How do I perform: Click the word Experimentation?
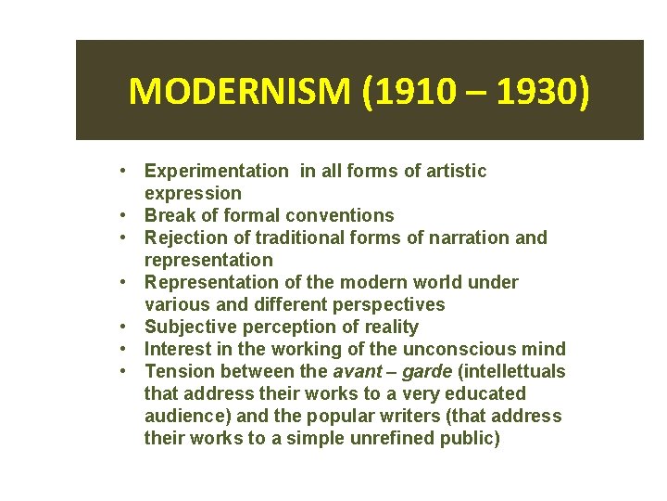(x=216, y=171)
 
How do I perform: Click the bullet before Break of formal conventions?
(x=124, y=215)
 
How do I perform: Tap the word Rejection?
(x=183, y=238)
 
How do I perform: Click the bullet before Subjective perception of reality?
(x=124, y=327)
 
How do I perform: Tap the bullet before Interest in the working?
(x=124, y=349)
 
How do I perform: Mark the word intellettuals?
(x=510, y=371)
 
